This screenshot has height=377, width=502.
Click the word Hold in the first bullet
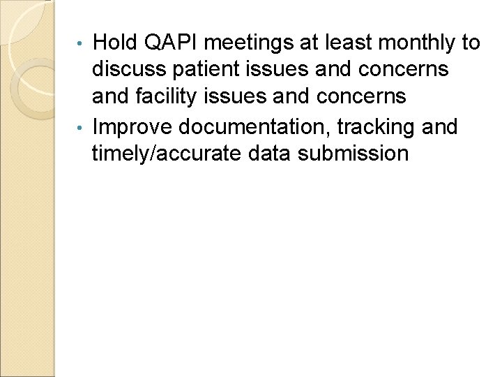pos(116,43)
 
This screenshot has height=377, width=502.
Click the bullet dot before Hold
pos(85,43)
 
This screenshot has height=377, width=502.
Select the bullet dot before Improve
pos(85,126)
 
